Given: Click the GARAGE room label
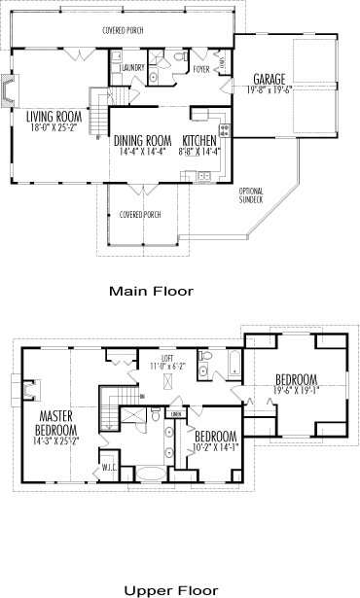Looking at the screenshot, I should pyautogui.click(x=270, y=79).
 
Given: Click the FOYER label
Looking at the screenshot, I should pyautogui.click(x=201, y=69).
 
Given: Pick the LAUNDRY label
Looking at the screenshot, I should pyautogui.click(x=134, y=67).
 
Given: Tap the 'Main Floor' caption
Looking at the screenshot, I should pyautogui.click(x=151, y=291).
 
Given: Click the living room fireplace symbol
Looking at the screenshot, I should pyautogui.click(x=10, y=90).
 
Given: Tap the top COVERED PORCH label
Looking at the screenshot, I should pyautogui.click(x=123, y=30).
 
